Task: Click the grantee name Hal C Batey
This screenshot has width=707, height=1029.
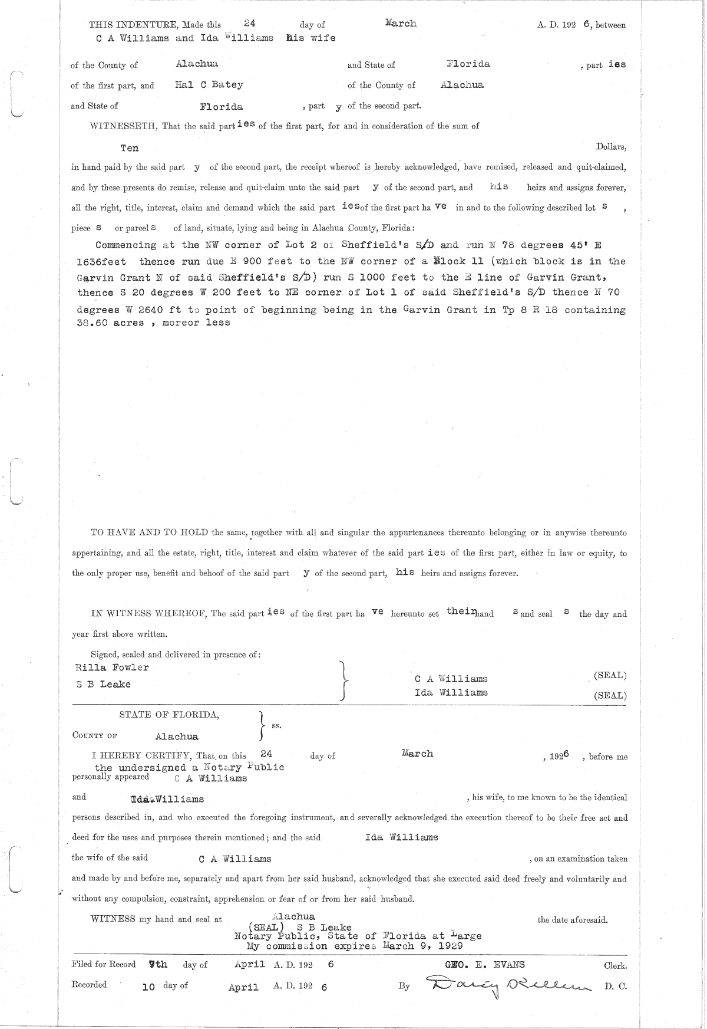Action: coord(209,84)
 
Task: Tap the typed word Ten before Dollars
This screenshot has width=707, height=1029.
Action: coord(129,148)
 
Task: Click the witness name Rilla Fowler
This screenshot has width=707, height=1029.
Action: coord(112,668)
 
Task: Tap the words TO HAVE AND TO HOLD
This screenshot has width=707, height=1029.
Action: coord(149,532)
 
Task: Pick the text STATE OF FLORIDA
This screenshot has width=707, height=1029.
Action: coord(169,715)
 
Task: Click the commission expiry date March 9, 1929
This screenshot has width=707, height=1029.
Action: coord(422,945)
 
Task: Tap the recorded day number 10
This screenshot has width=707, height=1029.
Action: coord(148,986)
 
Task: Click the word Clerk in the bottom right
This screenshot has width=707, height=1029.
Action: coord(615,966)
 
